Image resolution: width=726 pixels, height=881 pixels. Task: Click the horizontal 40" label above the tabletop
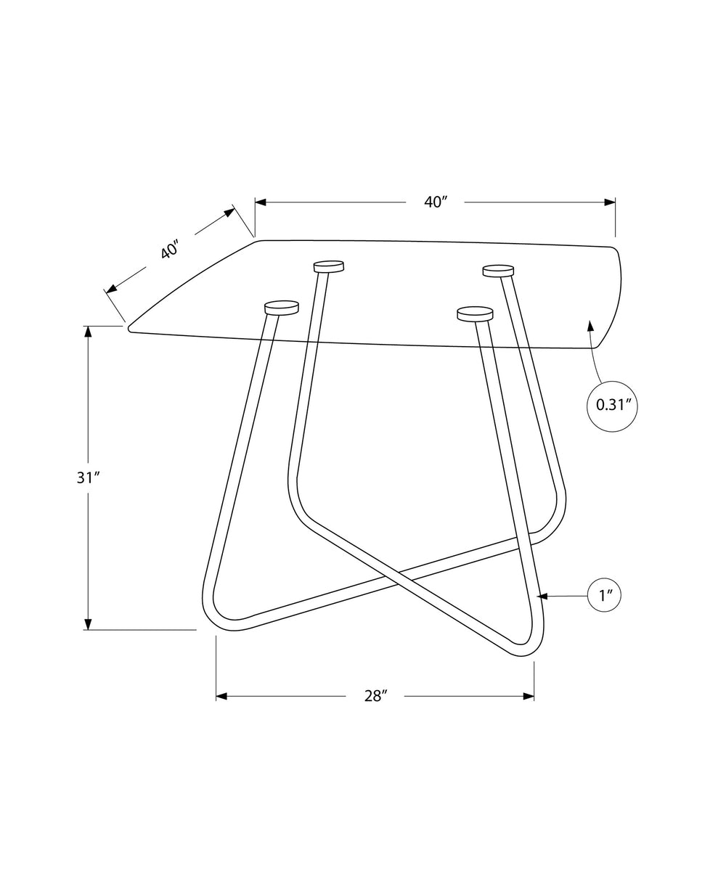(x=435, y=202)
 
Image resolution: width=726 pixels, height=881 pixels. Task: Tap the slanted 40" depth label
(x=170, y=250)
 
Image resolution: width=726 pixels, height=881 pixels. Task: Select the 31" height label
(x=88, y=478)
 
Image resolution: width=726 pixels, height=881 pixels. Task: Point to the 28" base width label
(x=375, y=696)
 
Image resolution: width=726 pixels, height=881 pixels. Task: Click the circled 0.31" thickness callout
(x=612, y=406)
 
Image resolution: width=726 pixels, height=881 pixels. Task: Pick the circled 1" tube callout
(x=604, y=597)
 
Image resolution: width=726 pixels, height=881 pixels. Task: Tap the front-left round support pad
(x=281, y=308)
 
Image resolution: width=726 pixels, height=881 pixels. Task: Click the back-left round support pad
(x=329, y=266)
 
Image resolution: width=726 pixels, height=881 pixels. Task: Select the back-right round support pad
(x=499, y=271)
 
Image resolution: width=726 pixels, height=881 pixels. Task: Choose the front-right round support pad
(x=475, y=314)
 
